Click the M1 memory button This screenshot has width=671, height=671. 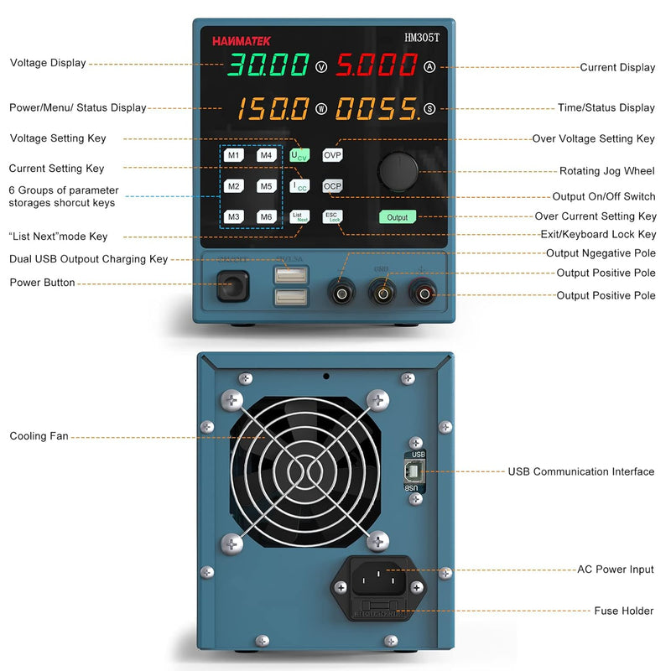[233, 155]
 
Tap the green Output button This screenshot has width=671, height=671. [397, 216]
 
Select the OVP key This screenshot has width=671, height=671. [333, 154]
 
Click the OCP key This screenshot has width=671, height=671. [333, 185]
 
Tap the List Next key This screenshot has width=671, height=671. [299, 216]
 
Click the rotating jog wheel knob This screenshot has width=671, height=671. [398, 170]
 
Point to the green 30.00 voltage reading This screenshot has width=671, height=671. [268, 65]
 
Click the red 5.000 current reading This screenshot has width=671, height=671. [377, 65]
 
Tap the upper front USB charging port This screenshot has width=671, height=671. [290, 274]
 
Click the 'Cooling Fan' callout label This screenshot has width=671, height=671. [39, 436]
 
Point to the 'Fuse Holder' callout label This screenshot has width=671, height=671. [624, 611]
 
